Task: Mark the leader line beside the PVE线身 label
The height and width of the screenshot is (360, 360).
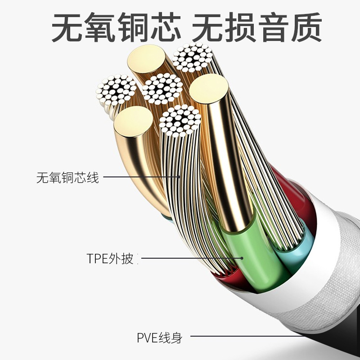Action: click(252, 336)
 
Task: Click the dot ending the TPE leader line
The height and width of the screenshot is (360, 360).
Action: click(242, 258)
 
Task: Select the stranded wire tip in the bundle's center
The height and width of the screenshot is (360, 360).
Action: click(162, 89)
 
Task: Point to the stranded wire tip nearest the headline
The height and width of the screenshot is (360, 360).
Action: click(192, 58)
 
